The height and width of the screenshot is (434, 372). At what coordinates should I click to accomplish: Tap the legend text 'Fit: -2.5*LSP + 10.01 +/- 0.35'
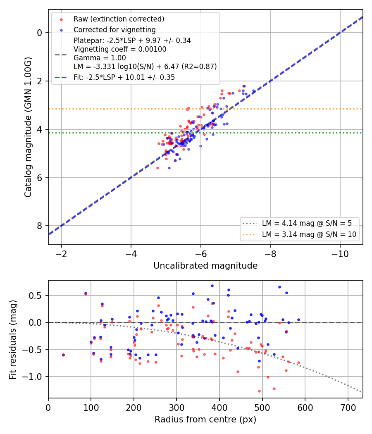click(x=124, y=77)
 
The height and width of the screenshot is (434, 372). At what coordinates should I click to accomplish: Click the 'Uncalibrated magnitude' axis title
click(x=205, y=266)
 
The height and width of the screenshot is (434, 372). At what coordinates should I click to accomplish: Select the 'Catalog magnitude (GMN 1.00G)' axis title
click(x=28, y=127)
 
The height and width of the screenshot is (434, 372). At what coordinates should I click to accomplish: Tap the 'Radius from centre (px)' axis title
click(x=205, y=420)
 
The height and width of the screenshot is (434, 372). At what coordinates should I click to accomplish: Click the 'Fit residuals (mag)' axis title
click(x=13, y=340)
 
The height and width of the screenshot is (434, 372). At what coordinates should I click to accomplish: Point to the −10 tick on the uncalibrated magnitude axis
click(x=340, y=254)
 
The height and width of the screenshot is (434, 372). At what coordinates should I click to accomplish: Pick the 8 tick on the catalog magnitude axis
click(x=40, y=226)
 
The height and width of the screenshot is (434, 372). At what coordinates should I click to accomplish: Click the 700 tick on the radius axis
click(x=348, y=408)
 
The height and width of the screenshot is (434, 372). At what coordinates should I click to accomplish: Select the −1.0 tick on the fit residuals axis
click(x=31, y=377)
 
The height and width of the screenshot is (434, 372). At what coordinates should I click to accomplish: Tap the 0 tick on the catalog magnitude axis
click(x=40, y=33)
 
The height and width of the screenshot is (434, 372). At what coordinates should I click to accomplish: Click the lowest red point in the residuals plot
click(x=259, y=391)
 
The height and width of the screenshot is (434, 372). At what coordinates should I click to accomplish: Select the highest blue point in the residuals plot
click(x=212, y=286)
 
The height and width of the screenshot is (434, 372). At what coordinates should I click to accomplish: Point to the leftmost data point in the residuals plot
click(x=63, y=355)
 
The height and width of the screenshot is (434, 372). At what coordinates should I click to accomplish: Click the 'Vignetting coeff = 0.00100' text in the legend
click(x=120, y=49)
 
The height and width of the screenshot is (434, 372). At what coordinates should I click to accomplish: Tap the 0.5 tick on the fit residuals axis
click(x=35, y=296)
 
